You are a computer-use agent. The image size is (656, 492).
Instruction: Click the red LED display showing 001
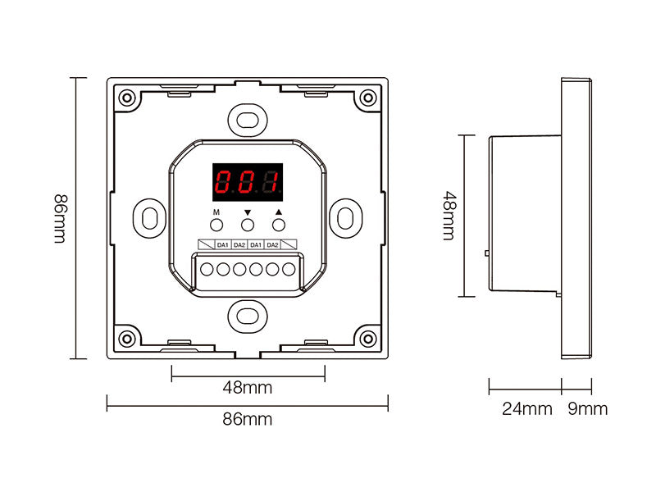(x=248, y=181)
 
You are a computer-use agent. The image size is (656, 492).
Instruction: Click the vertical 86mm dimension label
(x=59, y=218)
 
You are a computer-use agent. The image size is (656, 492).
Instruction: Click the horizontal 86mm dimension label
(x=247, y=419)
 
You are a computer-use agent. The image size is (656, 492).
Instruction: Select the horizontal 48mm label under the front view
(x=247, y=387)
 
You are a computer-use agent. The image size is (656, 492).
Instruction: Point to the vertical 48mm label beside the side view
(x=449, y=216)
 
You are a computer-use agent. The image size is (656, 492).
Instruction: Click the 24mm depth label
(x=526, y=408)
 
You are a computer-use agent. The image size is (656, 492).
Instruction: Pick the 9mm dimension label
(x=588, y=408)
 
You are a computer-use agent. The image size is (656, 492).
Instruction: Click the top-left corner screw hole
(x=126, y=98)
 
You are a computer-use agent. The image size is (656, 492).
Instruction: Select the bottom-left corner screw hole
(x=126, y=338)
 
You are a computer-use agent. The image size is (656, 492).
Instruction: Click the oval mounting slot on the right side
(x=346, y=217)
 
